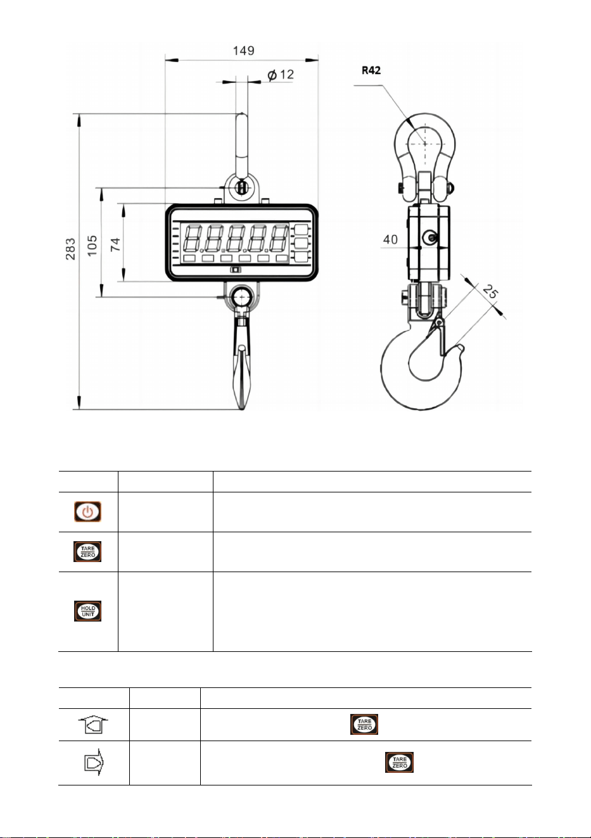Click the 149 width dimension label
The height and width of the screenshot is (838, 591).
[243, 51]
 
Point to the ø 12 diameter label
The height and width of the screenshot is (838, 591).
[281, 75]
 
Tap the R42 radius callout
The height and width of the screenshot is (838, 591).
[371, 70]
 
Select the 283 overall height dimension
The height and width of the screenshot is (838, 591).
[70, 249]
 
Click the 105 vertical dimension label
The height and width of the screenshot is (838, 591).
[92, 246]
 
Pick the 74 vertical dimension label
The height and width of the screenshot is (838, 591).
[115, 244]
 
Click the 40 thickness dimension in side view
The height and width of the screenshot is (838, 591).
[390, 239]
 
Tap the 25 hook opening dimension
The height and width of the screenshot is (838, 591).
[491, 291]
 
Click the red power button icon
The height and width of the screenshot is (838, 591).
[87, 511]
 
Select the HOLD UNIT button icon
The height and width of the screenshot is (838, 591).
[87, 611]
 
